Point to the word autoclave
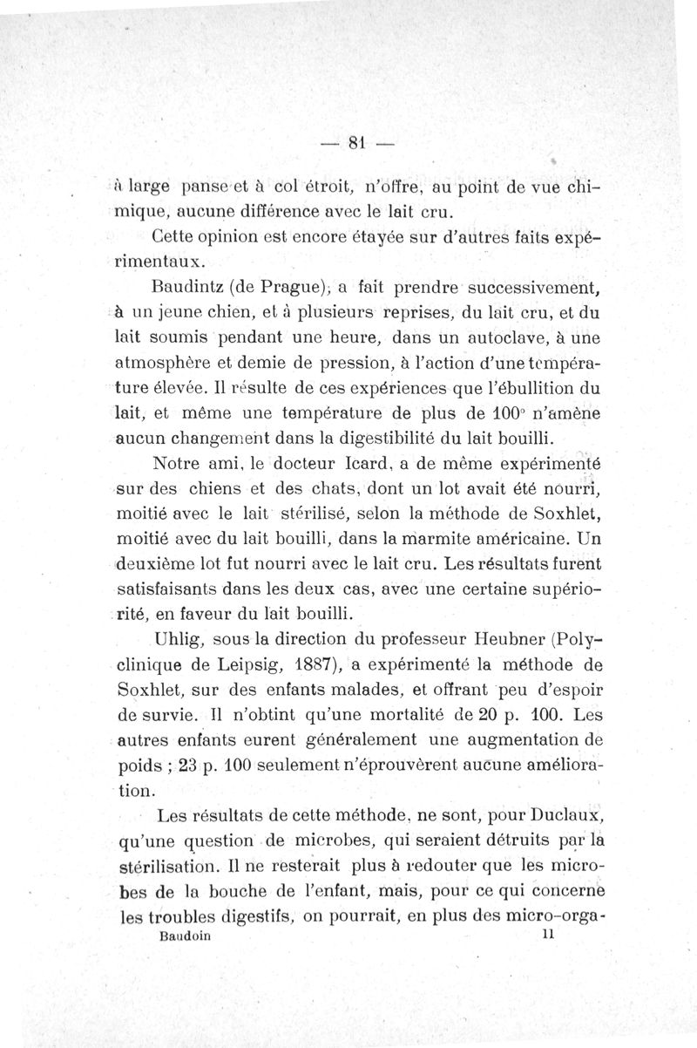tap(492, 337)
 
